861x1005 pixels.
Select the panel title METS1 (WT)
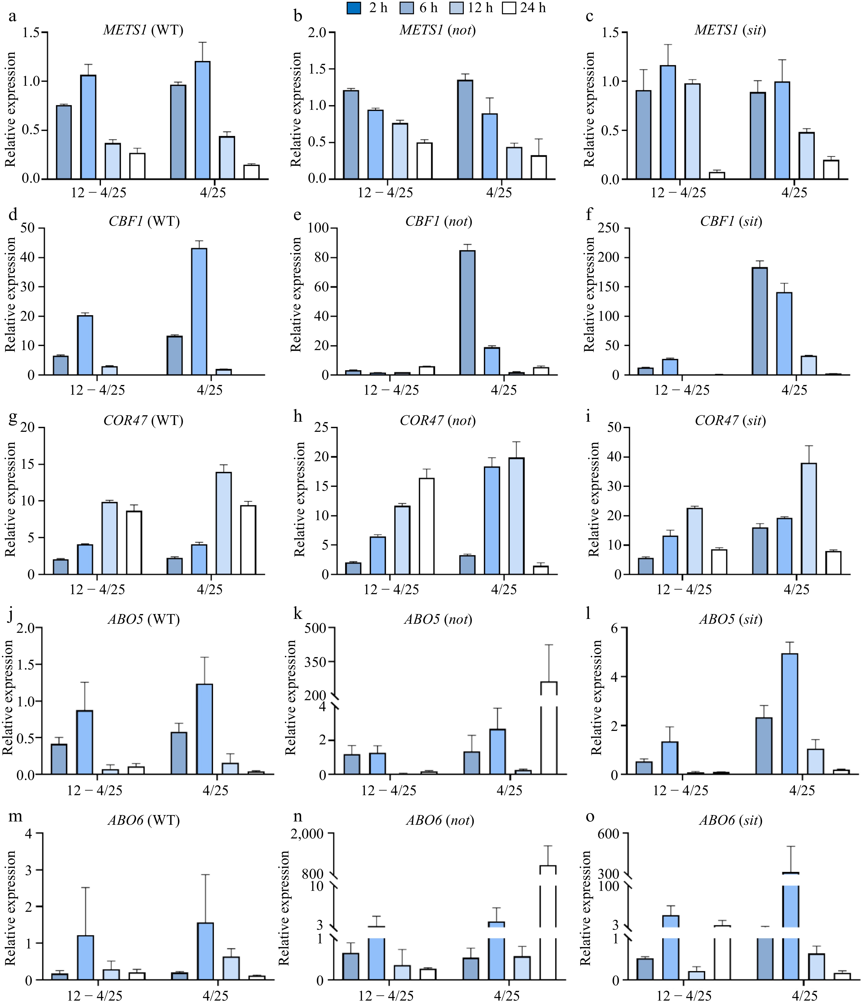click(143, 30)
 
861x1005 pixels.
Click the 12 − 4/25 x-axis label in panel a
click(99, 193)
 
